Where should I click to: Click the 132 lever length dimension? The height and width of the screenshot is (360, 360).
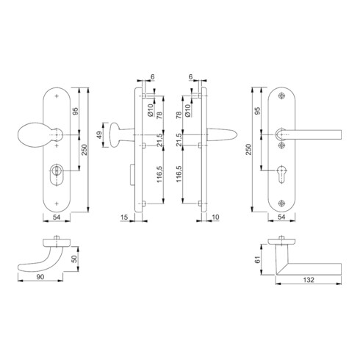tap(309, 280)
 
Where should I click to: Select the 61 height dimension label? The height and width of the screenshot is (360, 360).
tap(257, 259)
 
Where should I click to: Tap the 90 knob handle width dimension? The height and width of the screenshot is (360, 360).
tap(40, 277)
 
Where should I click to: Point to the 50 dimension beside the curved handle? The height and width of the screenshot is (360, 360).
tap(74, 259)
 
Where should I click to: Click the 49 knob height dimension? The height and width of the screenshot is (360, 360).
tap(99, 135)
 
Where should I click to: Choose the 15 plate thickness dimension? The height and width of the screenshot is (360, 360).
tap(124, 217)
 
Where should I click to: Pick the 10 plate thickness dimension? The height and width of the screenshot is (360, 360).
tap(215, 217)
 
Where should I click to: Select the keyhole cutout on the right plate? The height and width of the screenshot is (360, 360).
tap(281, 174)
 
